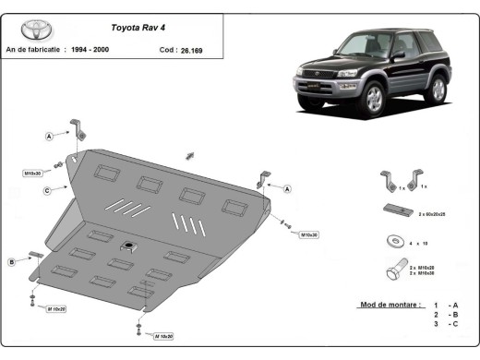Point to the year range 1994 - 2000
click(x=118, y=50)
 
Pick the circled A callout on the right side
click(x=287, y=188)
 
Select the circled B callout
click(x=12, y=262)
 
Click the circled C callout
click(x=46, y=191)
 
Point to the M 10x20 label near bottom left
click(x=57, y=309)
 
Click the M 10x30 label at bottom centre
click(x=163, y=336)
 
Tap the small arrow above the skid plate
click(x=190, y=153)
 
